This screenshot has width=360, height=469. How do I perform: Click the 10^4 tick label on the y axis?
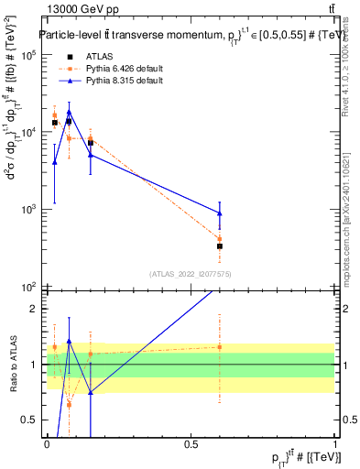(27, 132)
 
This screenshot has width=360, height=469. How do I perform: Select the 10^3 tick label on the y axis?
(27, 209)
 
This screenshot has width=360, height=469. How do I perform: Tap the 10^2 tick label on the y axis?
(27, 286)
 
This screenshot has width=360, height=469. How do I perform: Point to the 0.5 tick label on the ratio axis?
(29, 420)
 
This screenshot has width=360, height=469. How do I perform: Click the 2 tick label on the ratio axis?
(34, 309)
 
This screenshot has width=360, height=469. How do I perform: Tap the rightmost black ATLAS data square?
(220, 246)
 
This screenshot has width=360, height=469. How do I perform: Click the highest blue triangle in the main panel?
(69, 112)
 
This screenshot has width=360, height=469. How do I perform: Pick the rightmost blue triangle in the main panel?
(220, 213)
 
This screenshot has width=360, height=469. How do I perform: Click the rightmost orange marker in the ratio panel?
(220, 346)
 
